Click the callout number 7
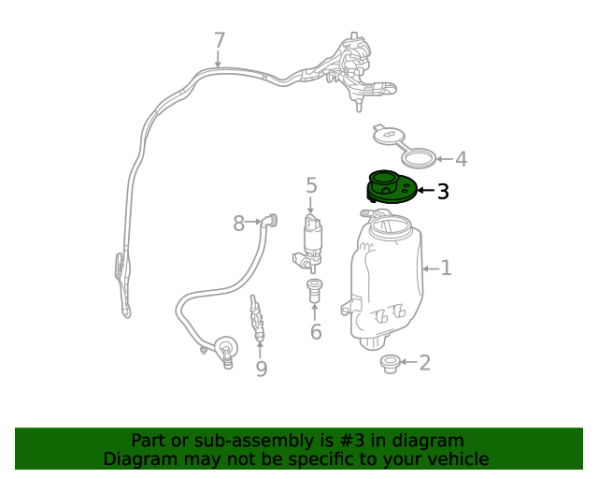pos(220,40)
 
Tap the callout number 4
pos(462,159)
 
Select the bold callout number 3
pos(443,191)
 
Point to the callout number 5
pos(311,185)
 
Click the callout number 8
pos(239,223)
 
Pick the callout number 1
pos(447,269)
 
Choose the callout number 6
pos(316,331)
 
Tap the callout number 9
pos(262,369)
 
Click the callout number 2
pos(425,362)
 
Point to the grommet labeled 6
pos(314,290)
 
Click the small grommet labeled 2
pos(390,364)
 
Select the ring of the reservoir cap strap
pos(418,157)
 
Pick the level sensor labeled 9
pos(256,318)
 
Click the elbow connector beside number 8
pos(270,221)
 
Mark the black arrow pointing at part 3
pos(426,190)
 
